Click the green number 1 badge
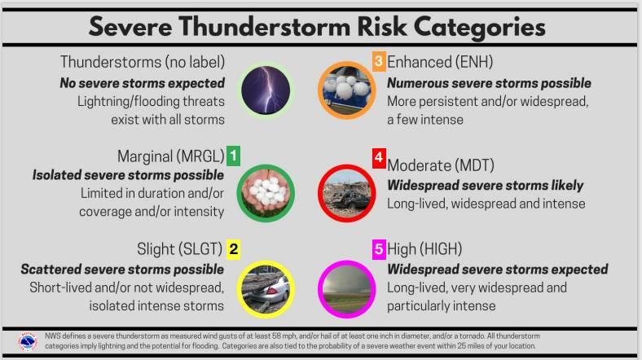tap(233, 156)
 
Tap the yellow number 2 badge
tap(233, 249)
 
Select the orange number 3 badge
tap(379, 61)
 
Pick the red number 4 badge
tap(379, 158)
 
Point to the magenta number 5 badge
tap(379, 249)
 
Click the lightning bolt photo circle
tap(266, 90)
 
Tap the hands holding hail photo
tap(266, 193)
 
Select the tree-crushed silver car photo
tap(266, 290)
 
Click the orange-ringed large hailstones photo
tap(347, 90)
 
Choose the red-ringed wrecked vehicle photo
tap(347, 193)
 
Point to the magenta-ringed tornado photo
tap(347, 290)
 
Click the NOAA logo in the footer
tap(28, 341)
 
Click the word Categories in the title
tap(479, 27)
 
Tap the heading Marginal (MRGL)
tap(171, 156)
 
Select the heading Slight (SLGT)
tap(179, 248)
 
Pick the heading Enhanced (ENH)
tap(440, 62)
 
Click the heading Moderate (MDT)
tap(441, 165)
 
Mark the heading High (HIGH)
tap(424, 248)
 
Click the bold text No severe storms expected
tap(142, 83)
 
